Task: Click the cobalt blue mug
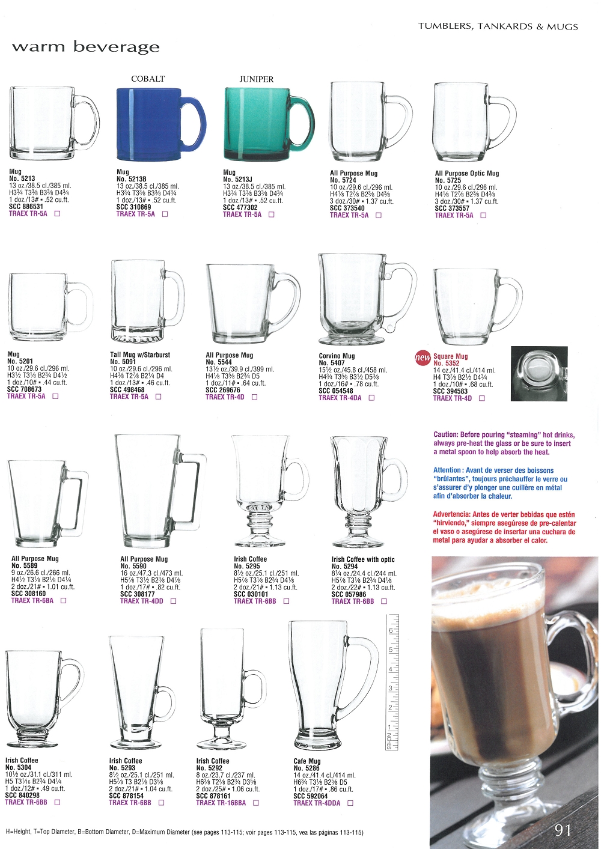click(x=155, y=124)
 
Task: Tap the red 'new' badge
click(x=423, y=358)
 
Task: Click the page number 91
click(x=563, y=830)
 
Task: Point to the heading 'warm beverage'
click(x=86, y=47)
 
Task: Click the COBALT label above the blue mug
click(x=148, y=79)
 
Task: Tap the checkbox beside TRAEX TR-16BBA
click(x=256, y=803)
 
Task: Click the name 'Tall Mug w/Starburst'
click(x=140, y=355)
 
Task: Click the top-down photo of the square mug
click(x=539, y=374)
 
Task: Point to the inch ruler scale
click(x=392, y=682)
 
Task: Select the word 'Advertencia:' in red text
click(x=452, y=514)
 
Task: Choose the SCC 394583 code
click(x=450, y=391)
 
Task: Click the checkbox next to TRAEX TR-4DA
click(x=371, y=398)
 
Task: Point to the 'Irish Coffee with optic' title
click(x=363, y=559)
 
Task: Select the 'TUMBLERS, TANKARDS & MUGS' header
click(x=498, y=26)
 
